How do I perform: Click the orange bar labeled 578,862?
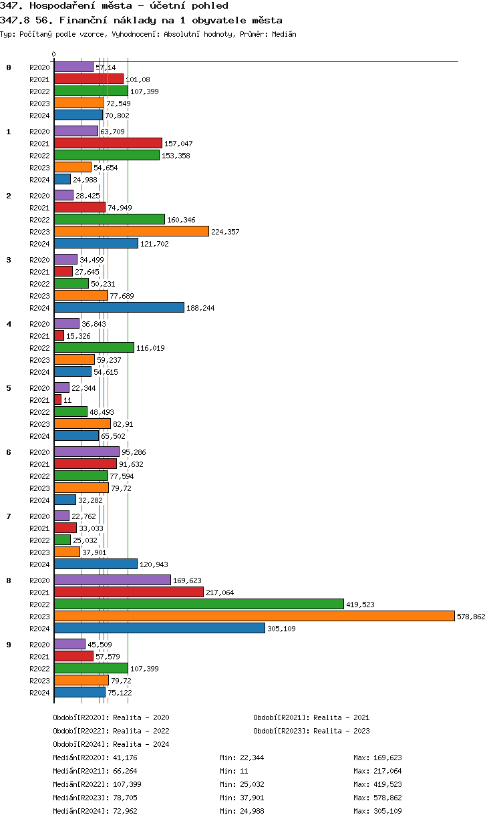[254, 617]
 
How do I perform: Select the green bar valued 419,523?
[198, 605]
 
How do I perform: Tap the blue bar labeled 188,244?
[119, 307]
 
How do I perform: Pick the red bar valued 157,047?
[108, 143]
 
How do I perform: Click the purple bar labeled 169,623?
[112, 581]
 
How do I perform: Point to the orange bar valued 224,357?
[131, 231]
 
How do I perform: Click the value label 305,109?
[281, 629]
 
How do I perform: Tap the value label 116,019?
[150, 348]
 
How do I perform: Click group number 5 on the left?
[9, 388]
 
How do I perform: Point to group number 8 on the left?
[9, 581]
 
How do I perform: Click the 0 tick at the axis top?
[53, 54]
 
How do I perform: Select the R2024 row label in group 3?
[39, 308]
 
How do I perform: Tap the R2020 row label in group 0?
[39, 67]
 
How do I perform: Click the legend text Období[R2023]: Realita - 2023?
[311, 731]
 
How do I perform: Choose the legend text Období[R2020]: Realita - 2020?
[111, 717]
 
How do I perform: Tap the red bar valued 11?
[57, 399]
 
